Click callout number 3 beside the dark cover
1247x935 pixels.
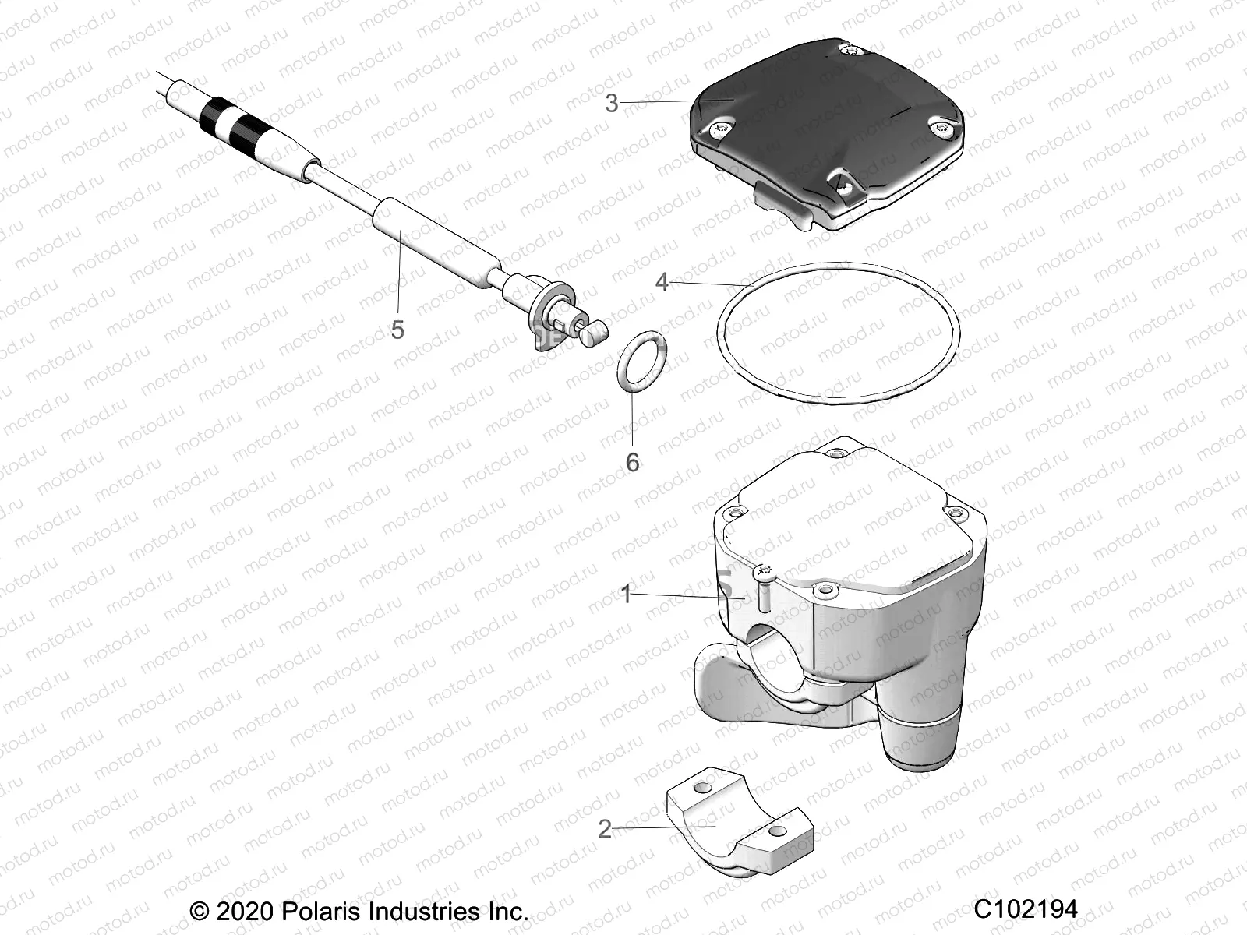tap(612, 103)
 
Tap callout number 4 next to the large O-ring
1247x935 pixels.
tap(662, 281)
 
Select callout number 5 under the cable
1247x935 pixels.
tap(397, 330)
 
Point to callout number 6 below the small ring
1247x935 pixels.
tap(632, 462)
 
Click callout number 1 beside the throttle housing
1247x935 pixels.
tap(626, 595)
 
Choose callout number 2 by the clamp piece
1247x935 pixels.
tap(605, 829)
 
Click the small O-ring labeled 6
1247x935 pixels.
tap(639, 358)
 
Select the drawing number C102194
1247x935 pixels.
tap(1026, 909)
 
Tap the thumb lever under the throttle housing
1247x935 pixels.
tap(721, 693)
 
